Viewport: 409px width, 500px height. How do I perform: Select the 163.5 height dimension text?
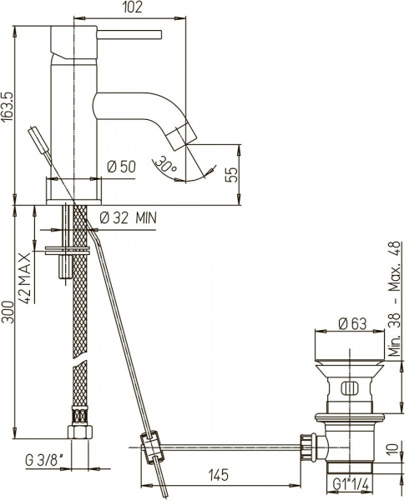click(x=8, y=107)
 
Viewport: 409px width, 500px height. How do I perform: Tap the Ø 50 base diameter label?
click(x=121, y=167)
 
